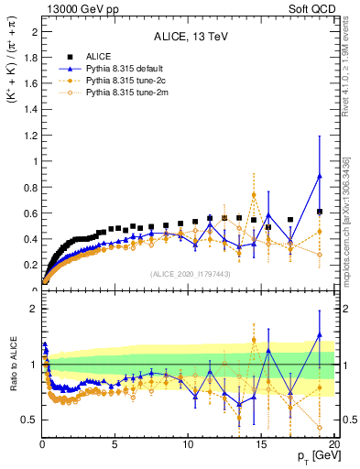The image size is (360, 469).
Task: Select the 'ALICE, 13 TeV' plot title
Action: [189, 37]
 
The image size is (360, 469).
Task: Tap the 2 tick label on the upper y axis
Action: [35, 31]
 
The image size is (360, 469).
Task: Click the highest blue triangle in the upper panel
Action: [319, 176]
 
